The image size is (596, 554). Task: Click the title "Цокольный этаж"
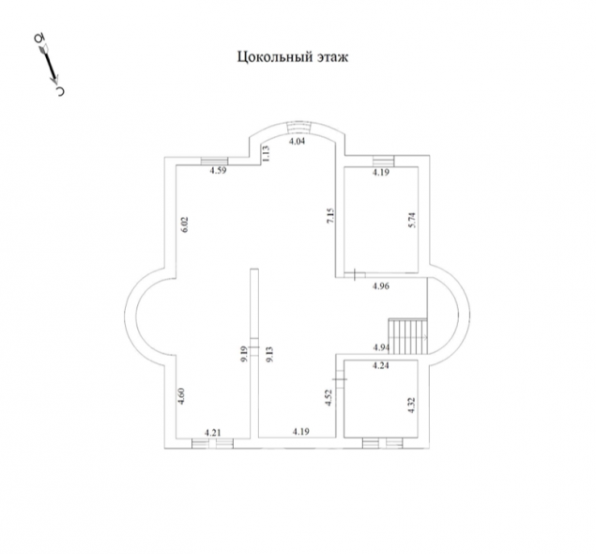click(293, 57)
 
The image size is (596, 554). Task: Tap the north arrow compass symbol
click(50, 65)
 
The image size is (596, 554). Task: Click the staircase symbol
click(408, 337)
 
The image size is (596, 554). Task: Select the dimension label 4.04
click(298, 142)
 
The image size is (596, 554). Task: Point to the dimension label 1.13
click(266, 154)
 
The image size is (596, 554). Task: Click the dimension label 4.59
click(218, 170)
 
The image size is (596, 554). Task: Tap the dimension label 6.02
click(184, 224)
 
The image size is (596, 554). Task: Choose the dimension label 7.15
click(330, 216)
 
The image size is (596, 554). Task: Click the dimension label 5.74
click(412, 220)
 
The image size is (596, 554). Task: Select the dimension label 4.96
click(381, 286)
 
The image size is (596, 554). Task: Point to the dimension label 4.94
click(381, 347)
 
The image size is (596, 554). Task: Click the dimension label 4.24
click(380, 366)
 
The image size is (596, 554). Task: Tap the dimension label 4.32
click(411, 406)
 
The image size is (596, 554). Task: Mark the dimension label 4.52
click(329, 397)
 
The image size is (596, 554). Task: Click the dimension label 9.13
click(269, 354)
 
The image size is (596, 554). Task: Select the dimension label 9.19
click(244, 354)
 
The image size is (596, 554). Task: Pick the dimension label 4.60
click(181, 396)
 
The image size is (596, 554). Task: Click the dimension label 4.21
click(213, 433)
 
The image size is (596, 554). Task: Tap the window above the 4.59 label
click(214, 162)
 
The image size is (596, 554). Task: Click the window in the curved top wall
click(298, 128)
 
